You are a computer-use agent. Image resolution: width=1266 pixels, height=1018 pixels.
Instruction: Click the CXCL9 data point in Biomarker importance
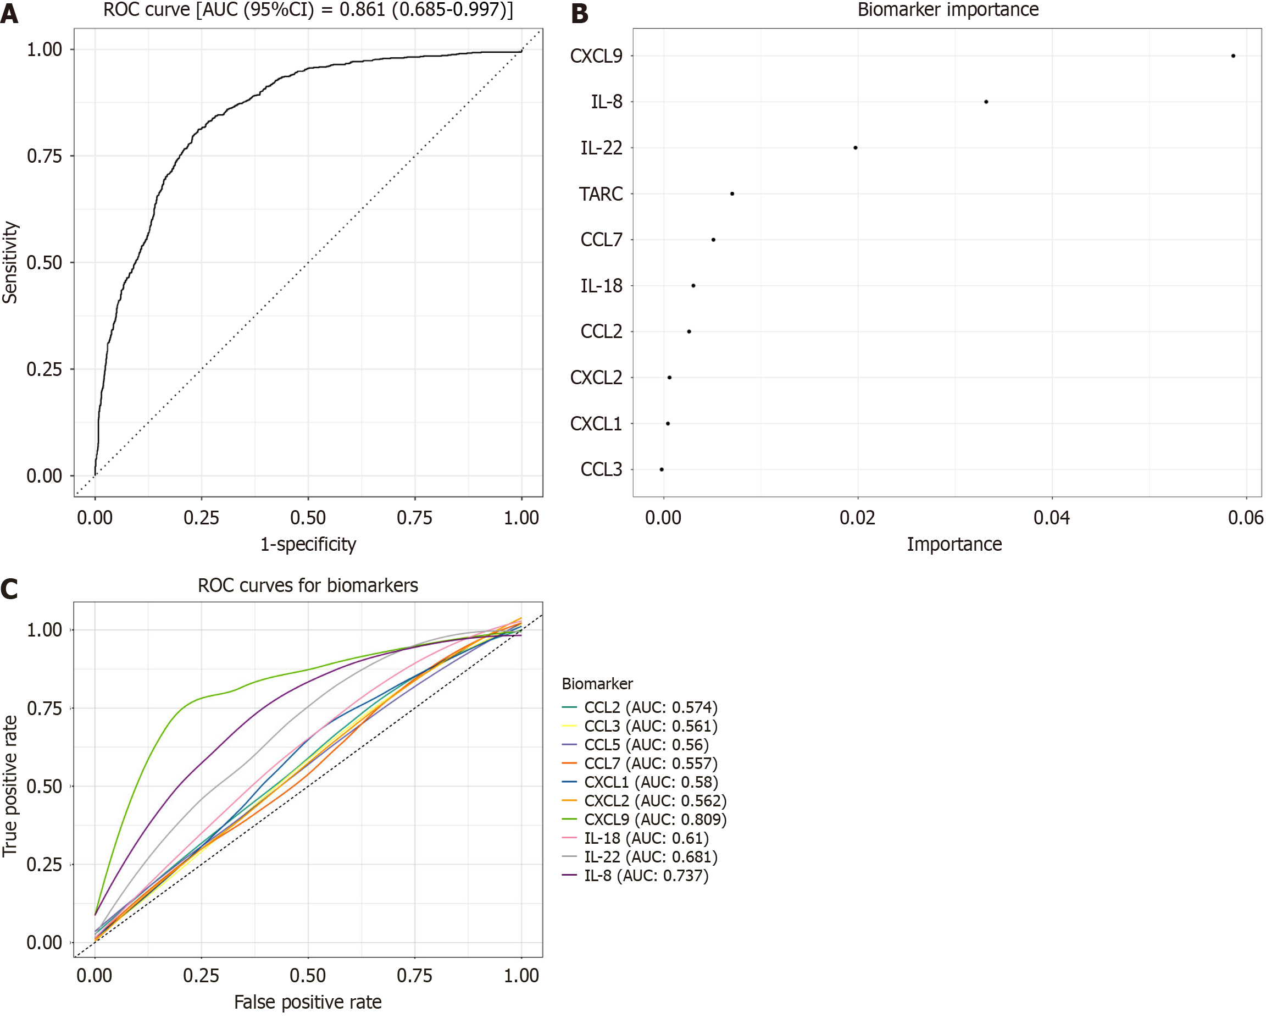(1233, 56)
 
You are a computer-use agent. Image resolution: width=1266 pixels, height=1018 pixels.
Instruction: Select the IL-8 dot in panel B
(986, 102)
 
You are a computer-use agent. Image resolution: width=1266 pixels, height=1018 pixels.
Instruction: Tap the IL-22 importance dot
(856, 147)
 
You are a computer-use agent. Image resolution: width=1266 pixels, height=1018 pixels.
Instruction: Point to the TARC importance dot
(732, 194)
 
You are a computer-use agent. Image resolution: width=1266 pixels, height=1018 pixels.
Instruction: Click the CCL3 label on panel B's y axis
(601, 469)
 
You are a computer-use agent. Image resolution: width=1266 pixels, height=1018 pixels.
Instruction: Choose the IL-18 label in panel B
(601, 285)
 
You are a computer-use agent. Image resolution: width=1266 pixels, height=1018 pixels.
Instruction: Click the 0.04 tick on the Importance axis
(1052, 517)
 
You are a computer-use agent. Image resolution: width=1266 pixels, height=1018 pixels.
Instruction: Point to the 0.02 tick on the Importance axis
(857, 517)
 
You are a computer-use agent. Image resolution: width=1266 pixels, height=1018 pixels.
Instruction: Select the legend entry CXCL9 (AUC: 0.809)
(655, 820)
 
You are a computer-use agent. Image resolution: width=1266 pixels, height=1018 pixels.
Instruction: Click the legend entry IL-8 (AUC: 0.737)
(646, 876)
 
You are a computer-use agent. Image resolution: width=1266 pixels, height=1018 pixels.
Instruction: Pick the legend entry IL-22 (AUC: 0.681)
(651, 857)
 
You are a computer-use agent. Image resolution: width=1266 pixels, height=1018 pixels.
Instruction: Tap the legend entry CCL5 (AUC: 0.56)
(646, 745)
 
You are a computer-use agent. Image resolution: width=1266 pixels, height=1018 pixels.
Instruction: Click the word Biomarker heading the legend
(597, 684)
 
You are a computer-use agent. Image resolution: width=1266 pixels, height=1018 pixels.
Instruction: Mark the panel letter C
(9, 589)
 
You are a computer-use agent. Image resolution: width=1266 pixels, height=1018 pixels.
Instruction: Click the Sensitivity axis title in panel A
(10, 262)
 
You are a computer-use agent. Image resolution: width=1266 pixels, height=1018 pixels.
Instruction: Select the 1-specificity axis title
(308, 545)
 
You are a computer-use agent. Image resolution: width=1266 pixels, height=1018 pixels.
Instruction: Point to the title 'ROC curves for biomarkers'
(308, 585)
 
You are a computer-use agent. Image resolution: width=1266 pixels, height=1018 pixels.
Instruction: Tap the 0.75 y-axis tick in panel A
(45, 156)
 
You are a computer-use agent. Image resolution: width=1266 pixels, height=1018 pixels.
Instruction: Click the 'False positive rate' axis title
(308, 1002)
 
